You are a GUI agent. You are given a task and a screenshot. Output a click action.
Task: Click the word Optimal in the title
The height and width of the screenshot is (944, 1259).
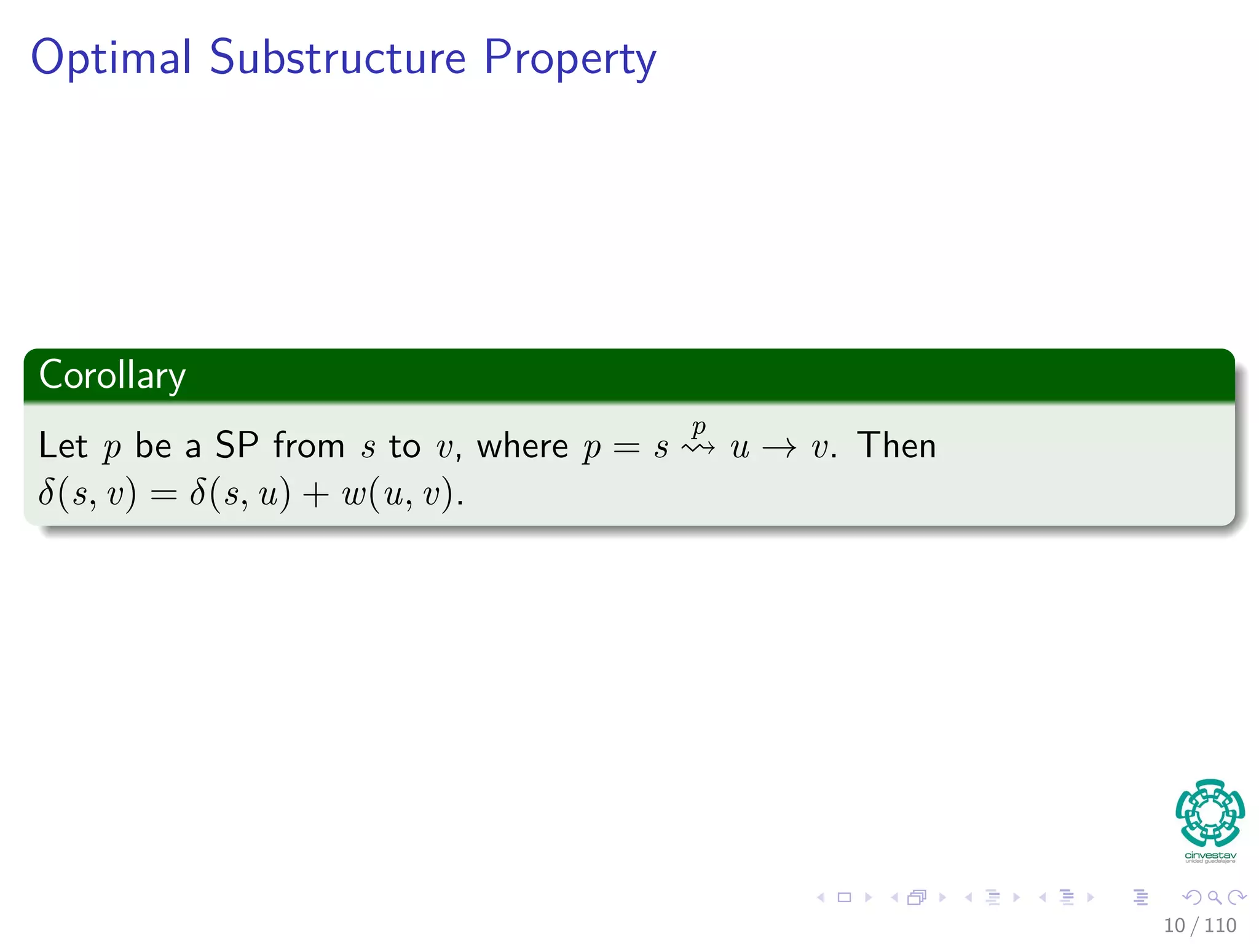tap(111, 58)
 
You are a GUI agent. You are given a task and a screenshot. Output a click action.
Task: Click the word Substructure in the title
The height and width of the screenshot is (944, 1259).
tap(337, 58)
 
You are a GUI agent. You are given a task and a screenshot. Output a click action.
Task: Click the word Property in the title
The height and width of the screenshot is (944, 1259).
tap(569, 59)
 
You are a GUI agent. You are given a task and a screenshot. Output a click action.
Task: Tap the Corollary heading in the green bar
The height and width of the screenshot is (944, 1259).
tap(112, 375)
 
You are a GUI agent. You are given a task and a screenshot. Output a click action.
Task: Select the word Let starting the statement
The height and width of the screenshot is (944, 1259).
tap(63, 446)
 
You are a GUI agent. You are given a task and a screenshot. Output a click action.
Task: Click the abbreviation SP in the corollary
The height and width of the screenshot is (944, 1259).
tap(237, 446)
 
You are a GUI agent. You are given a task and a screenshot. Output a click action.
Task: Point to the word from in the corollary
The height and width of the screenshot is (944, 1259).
tap(309, 446)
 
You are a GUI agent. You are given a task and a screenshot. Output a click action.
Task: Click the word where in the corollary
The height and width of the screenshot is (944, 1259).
tap(522, 446)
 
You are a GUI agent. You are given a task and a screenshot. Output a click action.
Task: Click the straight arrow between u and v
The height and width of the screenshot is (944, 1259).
tap(779, 449)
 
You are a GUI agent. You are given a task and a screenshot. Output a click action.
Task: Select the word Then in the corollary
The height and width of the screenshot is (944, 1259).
tap(896, 446)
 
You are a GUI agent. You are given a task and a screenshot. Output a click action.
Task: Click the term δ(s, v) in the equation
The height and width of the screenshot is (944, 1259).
tap(87, 495)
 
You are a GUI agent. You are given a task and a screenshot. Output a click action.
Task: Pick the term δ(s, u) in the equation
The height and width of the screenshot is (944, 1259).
tap(239, 495)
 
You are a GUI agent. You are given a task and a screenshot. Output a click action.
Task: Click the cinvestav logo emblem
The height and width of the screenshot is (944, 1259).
tap(1210, 813)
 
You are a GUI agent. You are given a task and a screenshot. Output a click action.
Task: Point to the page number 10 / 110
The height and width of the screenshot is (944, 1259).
tap(1199, 925)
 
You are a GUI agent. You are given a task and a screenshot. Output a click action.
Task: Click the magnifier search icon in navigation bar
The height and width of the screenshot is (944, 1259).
tap(1214, 897)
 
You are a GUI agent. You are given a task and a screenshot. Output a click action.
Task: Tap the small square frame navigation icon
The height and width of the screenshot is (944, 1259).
tap(844, 897)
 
